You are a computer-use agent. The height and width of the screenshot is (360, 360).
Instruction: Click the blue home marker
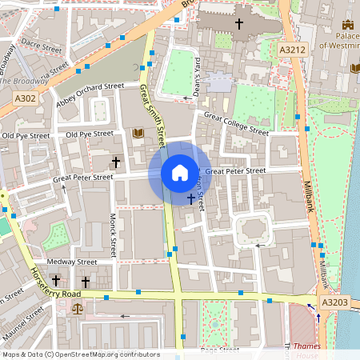click(180, 173)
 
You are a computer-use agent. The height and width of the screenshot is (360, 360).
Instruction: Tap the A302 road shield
click(25, 98)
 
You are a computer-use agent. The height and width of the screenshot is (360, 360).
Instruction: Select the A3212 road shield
click(293, 50)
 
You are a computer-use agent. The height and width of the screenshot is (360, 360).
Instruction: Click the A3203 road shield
click(334, 302)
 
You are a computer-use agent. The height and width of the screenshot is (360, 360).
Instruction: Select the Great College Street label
click(236, 123)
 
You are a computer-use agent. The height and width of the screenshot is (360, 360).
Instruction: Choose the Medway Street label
click(72, 262)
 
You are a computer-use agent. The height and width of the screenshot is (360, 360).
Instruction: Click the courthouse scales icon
click(77, 307)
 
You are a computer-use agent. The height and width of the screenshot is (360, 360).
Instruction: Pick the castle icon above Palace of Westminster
click(347, 26)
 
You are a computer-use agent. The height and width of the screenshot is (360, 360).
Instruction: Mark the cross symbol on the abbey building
click(238, 23)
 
